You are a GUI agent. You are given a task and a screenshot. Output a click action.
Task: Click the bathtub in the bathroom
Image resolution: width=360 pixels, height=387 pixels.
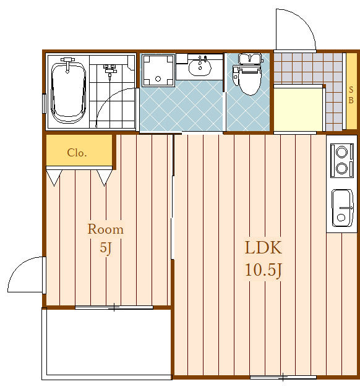(69, 93)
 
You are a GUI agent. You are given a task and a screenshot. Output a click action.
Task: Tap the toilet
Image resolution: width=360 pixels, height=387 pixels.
(249, 74)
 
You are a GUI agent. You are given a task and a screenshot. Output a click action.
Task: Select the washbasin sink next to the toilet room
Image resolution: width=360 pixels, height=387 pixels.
(200, 67)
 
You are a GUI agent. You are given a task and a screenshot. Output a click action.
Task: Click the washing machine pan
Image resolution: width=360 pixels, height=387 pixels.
(158, 70)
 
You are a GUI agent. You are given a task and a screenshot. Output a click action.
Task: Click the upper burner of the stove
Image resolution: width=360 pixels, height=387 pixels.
(341, 152)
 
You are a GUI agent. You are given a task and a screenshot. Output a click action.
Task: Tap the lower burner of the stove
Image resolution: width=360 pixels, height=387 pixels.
(341, 169)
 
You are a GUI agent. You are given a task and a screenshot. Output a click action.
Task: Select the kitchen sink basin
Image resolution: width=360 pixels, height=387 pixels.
(342, 208)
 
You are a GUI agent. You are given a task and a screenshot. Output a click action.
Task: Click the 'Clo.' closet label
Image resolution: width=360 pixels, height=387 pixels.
(77, 153)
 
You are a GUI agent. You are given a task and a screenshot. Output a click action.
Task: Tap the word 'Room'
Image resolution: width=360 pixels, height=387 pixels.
(106, 229)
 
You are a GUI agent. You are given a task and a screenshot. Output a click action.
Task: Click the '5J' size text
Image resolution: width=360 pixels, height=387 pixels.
(106, 247)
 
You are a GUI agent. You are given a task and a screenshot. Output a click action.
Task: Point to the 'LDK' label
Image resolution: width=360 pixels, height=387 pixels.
(264, 247)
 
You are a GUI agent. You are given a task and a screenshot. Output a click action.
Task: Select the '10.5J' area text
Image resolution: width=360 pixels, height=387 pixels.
(264, 270)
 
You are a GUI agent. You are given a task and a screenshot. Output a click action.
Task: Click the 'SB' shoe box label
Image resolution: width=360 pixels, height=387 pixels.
(351, 95)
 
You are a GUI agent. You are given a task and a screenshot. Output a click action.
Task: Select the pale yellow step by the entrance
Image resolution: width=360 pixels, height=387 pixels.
(298, 109)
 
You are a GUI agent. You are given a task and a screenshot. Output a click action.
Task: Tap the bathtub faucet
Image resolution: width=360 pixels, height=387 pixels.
(67, 64)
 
